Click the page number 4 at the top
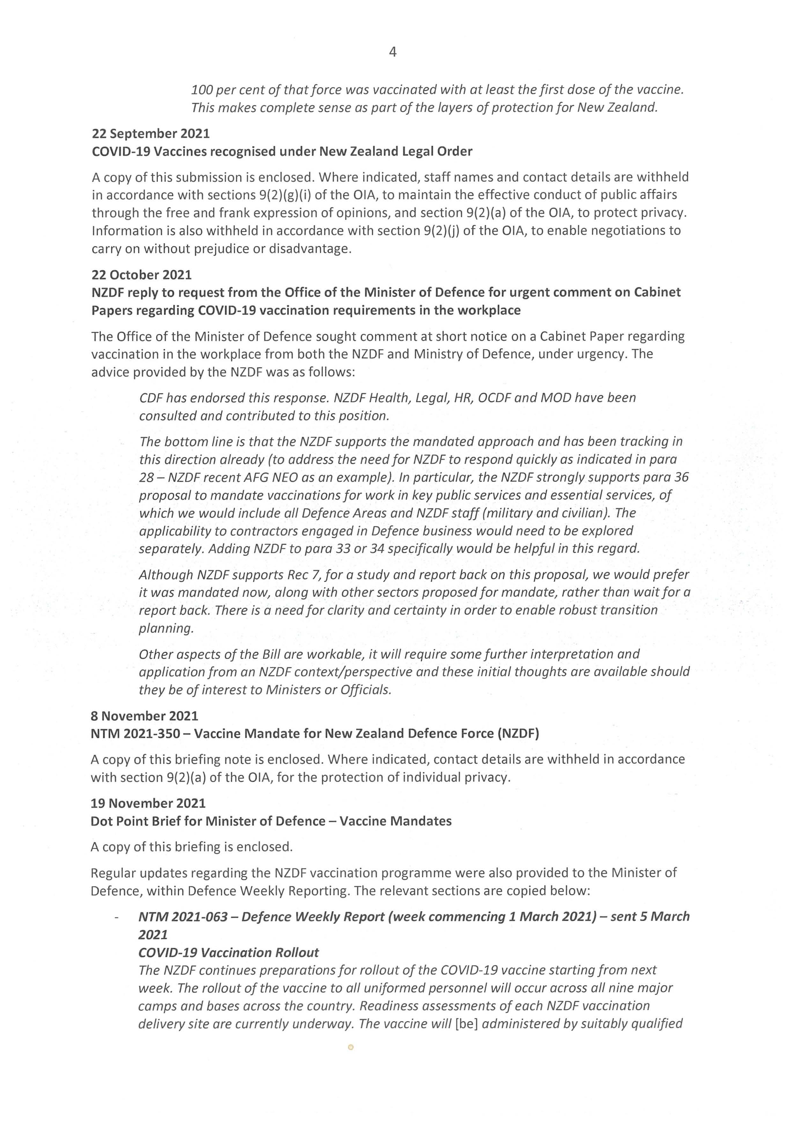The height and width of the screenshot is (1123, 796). coord(393,52)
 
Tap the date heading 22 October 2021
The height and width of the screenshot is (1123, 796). coord(141,275)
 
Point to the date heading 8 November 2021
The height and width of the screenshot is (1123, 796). coord(144,716)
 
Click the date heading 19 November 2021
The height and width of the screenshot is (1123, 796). coord(148,803)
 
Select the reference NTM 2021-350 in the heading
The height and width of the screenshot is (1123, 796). coord(135,734)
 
